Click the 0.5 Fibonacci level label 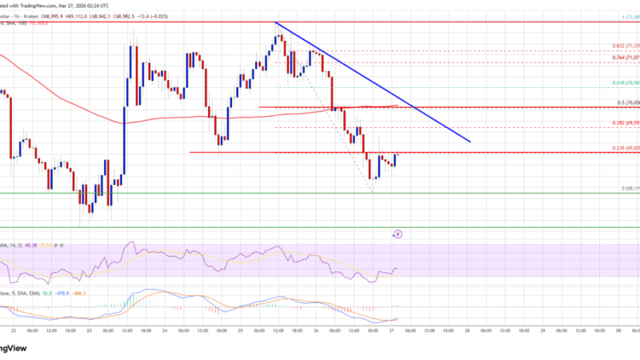[x=621, y=102]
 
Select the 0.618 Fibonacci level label [x=621, y=82]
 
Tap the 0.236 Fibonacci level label [x=621, y=149]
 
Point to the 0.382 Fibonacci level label [x=621, y=123]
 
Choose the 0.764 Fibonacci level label [x=621, y=58]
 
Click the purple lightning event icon [x=398, y=234]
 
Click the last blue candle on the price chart [x=394, y=159]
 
